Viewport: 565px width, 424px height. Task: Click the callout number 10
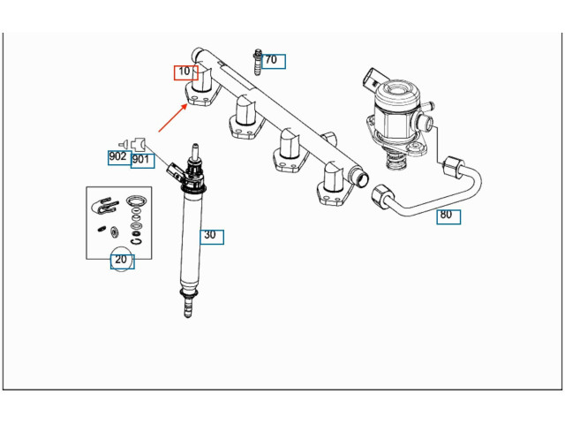185,72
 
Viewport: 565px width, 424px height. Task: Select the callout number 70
271,61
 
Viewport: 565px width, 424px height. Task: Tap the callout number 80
446,215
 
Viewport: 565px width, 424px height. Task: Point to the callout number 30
209,236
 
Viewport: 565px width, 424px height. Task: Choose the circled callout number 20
121,260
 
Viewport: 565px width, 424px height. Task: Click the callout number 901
141,160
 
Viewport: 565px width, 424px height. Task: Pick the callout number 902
117,157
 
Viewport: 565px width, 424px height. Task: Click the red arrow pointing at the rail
173,117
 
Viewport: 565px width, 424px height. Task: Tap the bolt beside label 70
256,62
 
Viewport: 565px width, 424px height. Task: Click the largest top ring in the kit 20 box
136,201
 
